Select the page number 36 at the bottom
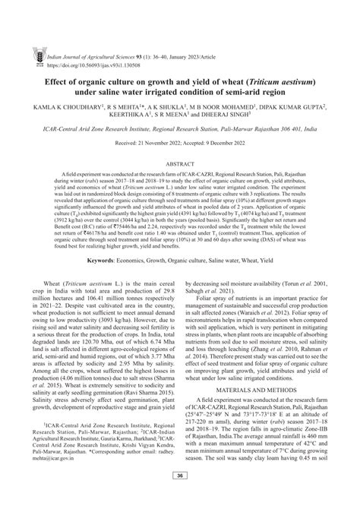(x=180, y=497)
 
